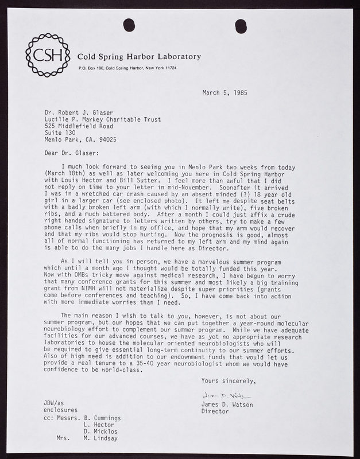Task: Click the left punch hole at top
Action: pyautogui.click(x=127, y=24)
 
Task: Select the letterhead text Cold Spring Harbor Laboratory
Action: pyautogui.click(x=140, y=57)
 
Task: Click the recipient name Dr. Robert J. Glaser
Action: pyautogui.click(x=81, y=114)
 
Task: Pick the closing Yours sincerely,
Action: pyautogui.click(x=229, y=381)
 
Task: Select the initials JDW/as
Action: pyautogui.click(x=56, y=405)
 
